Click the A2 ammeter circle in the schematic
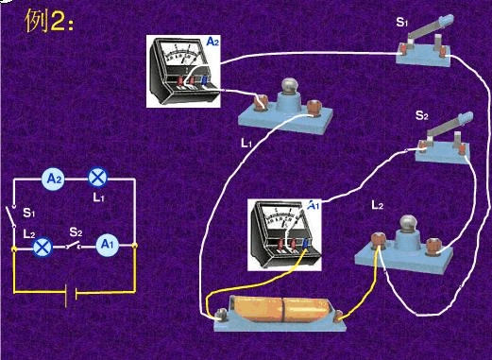(55, 177)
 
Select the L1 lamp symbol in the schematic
(97, 177)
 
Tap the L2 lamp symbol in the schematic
(42, 247)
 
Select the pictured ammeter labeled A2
(186, 72)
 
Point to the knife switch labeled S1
(431, 45)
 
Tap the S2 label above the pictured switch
(421, 115)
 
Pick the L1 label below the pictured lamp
(246, 144)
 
